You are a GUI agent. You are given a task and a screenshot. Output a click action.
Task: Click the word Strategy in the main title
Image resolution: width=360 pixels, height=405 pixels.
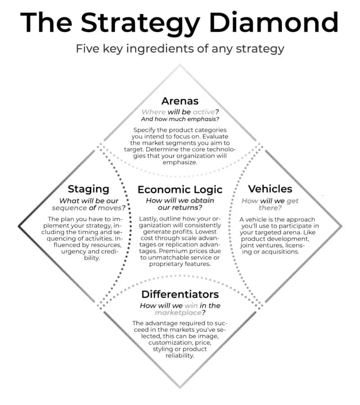140,25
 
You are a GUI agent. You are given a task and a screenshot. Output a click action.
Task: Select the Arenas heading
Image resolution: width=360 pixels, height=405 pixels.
180,101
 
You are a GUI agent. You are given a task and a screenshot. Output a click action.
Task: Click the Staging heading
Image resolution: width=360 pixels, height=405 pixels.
88,189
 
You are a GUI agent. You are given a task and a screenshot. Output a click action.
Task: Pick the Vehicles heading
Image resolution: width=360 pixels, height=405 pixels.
270,189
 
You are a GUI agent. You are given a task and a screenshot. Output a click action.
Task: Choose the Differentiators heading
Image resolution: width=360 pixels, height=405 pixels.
180,294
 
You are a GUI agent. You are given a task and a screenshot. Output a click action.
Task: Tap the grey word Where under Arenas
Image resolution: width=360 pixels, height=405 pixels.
153,112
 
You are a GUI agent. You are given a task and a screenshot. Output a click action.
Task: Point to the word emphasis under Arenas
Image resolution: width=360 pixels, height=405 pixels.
202,119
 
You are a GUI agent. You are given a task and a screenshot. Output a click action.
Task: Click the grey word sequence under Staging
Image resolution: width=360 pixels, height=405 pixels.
69,208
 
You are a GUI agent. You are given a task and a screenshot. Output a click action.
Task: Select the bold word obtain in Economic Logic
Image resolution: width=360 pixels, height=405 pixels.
202,201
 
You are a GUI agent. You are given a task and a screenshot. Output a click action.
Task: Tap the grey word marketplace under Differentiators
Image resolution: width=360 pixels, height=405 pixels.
178,313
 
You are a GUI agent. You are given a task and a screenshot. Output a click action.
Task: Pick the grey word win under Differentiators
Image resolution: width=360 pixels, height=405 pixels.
191,306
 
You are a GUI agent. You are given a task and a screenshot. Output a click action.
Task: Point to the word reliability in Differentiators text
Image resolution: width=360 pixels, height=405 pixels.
180,355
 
